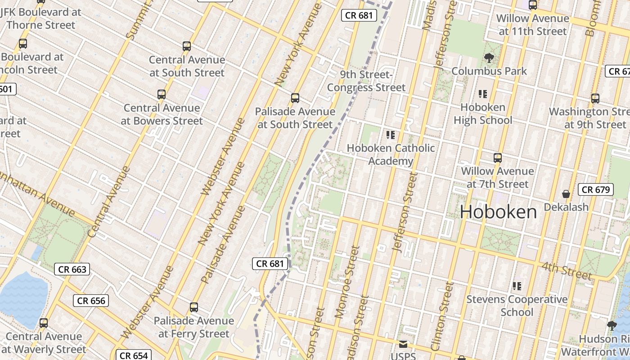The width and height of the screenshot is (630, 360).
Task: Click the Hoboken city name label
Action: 499,212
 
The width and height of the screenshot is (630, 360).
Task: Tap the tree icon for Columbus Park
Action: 489,58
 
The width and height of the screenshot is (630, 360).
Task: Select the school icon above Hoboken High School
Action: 483,94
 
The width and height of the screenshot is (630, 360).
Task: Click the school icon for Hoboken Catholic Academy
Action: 391,135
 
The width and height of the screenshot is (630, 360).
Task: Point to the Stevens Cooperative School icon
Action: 517,286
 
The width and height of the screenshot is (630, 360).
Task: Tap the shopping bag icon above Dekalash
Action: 566,194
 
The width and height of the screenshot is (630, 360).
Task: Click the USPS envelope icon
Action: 403,344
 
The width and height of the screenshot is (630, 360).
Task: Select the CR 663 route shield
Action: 72,270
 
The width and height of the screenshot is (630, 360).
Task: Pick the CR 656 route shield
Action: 91,301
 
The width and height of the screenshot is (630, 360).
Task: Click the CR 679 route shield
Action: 596,189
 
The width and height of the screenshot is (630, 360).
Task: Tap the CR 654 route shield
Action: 134,355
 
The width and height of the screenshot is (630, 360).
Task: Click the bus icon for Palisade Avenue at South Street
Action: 295,98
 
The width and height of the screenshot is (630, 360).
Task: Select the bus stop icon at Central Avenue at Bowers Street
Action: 162,94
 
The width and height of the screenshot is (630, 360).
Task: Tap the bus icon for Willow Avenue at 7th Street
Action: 497,158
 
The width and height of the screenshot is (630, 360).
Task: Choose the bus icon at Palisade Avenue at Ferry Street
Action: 194,307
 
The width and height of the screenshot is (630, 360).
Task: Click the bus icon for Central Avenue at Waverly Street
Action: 44,323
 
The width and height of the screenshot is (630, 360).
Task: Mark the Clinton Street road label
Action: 442,316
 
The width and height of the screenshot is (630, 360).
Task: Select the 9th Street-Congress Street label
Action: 366,81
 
